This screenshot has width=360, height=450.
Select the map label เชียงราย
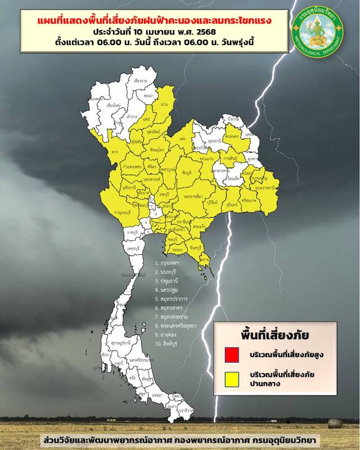[141, 82]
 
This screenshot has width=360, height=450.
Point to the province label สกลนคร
[231, 137]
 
